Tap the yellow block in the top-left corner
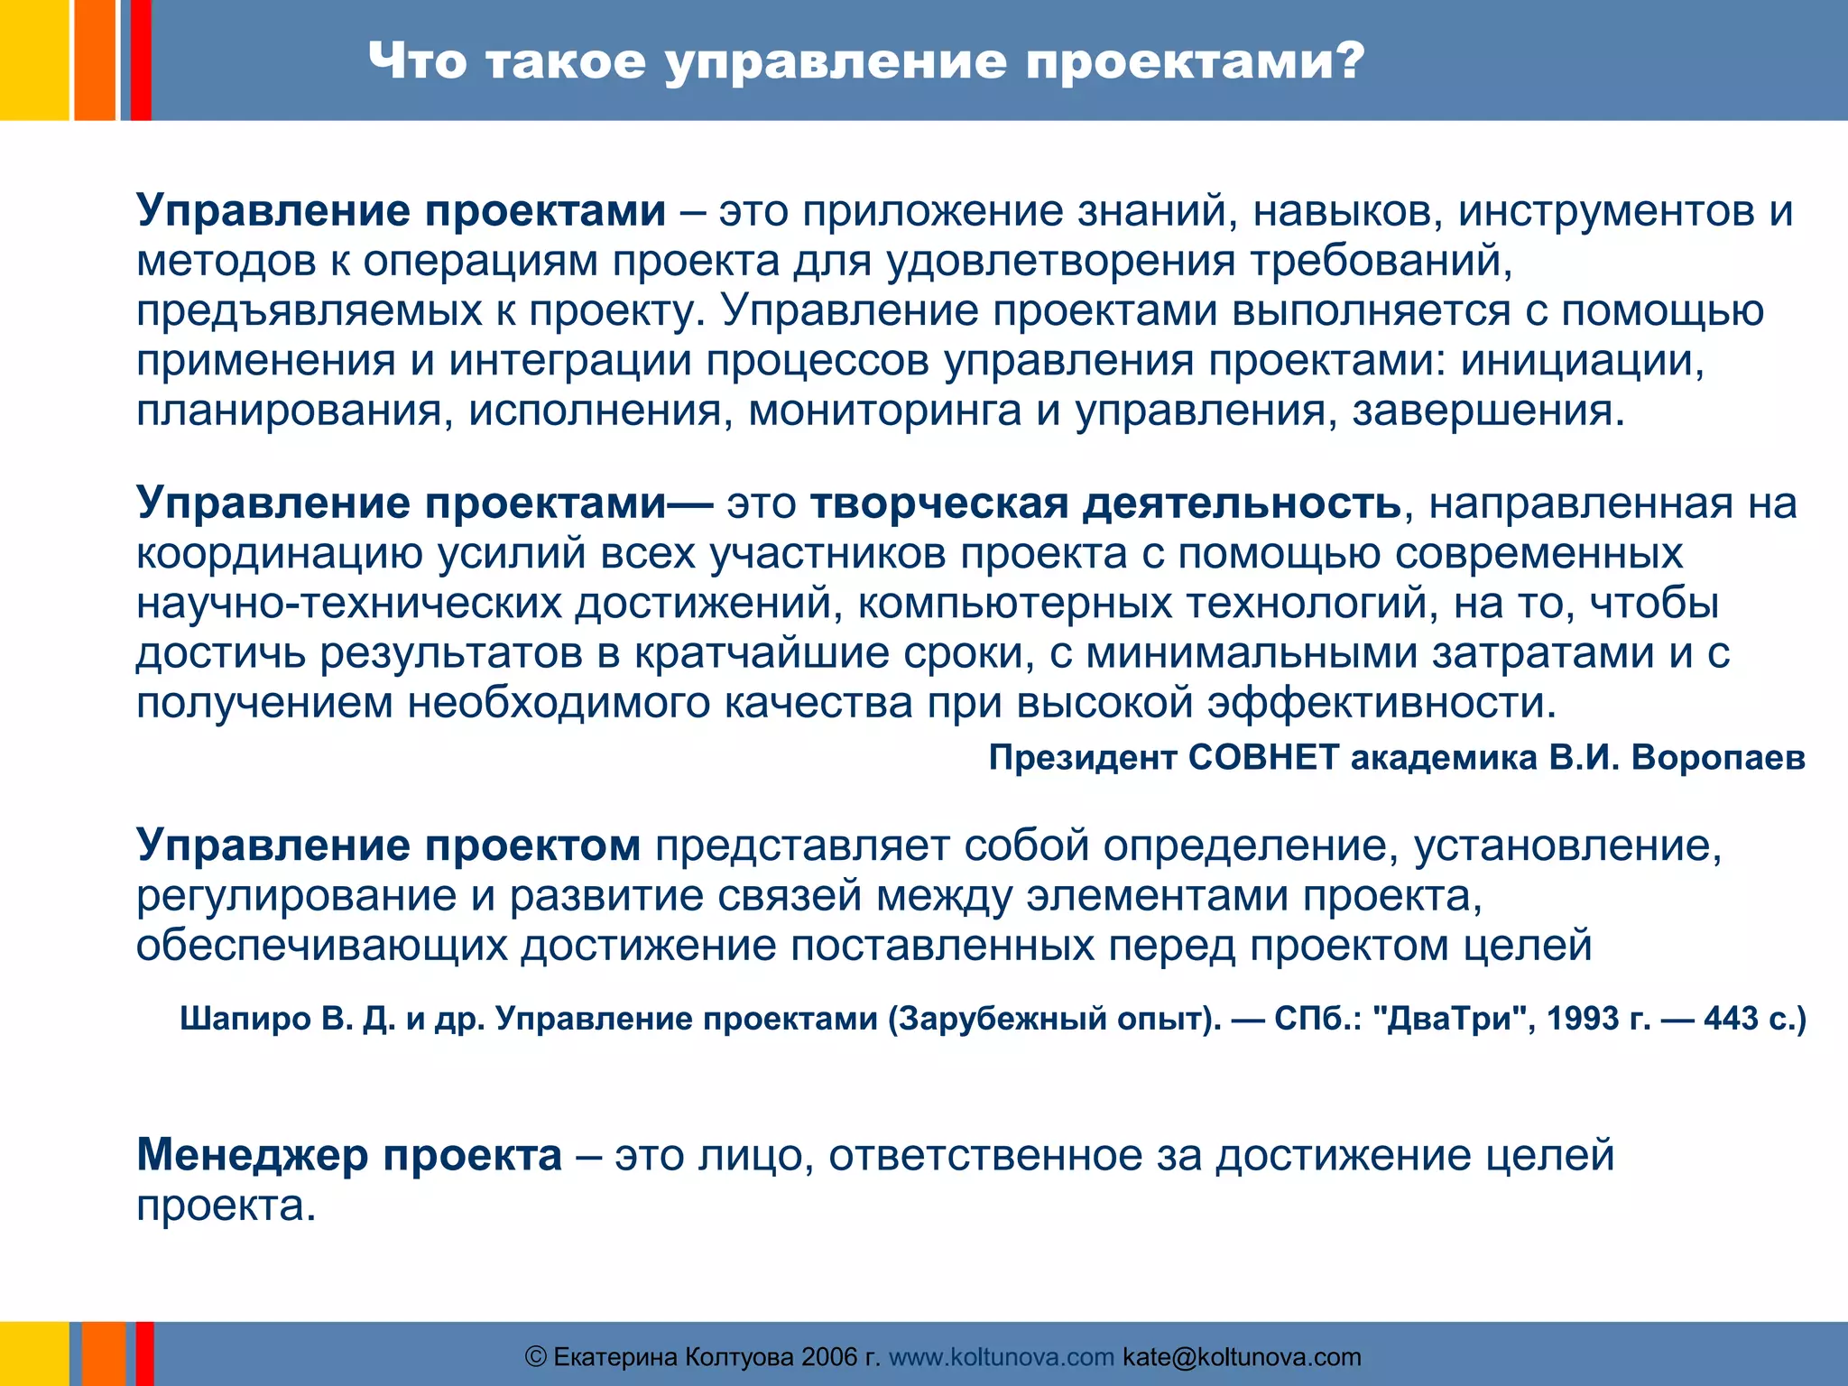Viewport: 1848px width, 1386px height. [33, 60]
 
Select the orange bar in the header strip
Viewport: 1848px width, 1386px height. [94, 60]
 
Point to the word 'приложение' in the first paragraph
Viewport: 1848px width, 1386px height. [932, 210]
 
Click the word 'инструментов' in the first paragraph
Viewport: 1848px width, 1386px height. [1605, 210]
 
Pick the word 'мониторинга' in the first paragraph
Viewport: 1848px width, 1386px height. [884, 411]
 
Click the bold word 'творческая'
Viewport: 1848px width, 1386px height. [938, 504]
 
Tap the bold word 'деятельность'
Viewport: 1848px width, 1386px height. [1242, 504]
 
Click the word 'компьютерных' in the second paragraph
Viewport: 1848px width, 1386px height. [1014, 603]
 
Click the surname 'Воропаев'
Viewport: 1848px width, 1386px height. [1718, 757]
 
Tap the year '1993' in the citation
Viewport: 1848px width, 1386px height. [1583, 1019]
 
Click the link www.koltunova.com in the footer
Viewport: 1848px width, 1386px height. [1001, 1356]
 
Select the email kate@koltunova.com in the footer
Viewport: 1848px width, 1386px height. [1242, 1356]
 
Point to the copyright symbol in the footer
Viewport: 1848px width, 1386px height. [535, 1356]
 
